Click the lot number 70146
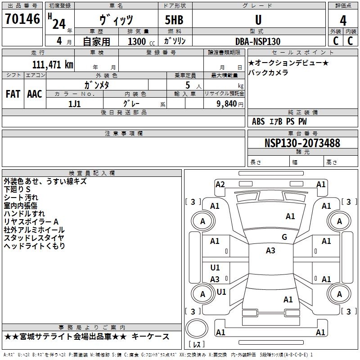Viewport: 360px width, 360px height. tap(22, 18)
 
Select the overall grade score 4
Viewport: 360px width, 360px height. tap(343, 21)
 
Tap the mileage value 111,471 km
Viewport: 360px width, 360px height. tap(53, 64)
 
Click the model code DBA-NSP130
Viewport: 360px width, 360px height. tap(258, 41)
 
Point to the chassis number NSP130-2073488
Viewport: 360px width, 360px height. tap(302, 143)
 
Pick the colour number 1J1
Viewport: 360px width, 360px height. tap(74, 104)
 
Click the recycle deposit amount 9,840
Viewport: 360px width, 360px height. tap(227, 103)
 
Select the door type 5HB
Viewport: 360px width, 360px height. tap(174, 20)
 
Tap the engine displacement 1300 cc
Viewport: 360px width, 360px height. tap(141, 41)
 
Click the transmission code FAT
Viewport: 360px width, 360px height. tap(13, 94)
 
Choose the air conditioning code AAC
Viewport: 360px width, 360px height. tap(35, 94)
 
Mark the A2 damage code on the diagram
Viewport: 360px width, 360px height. tap(220, 184)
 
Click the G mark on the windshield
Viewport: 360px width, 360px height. tap(284, 237)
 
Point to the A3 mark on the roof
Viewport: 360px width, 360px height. tap(270, 251)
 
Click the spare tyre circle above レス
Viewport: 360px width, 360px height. tap(197, 328)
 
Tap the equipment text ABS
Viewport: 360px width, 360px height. tap(258, 121)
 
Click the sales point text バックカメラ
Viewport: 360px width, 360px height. tap(268, 72)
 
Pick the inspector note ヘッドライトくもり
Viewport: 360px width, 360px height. tap(35, 246)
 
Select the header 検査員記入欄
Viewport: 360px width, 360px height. tap(92, 173)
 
